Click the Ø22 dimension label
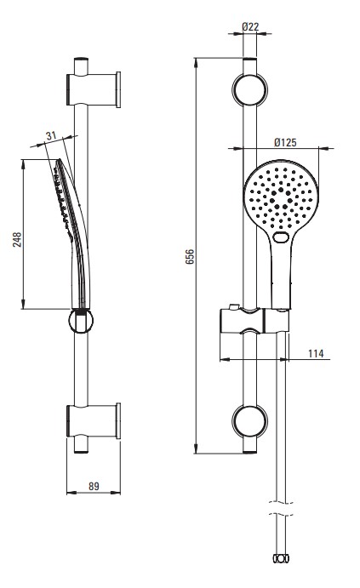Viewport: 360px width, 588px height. pos(250,26)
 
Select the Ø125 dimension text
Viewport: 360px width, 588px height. pos(285,142)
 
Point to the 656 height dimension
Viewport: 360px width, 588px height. pos(190,256)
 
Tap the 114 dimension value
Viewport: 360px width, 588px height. pos(316,354)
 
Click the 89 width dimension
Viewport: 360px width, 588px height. pos(94,486)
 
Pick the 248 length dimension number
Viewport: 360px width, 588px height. pos(17,240)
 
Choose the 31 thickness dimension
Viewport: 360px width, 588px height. pos(51,136)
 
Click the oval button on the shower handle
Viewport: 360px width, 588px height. pos(281,237)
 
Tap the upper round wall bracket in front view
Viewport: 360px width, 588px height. pos(249,90)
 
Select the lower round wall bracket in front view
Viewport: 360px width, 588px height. pos(249,421)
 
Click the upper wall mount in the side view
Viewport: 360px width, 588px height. pos(94,89)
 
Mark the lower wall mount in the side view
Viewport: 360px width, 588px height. pos(94,420)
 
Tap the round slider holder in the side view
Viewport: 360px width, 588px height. pos(81,322)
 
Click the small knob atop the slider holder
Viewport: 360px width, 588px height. pos(234,306)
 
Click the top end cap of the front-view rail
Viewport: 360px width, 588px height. pos(249,60)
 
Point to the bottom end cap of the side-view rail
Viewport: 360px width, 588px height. pos(81,451)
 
